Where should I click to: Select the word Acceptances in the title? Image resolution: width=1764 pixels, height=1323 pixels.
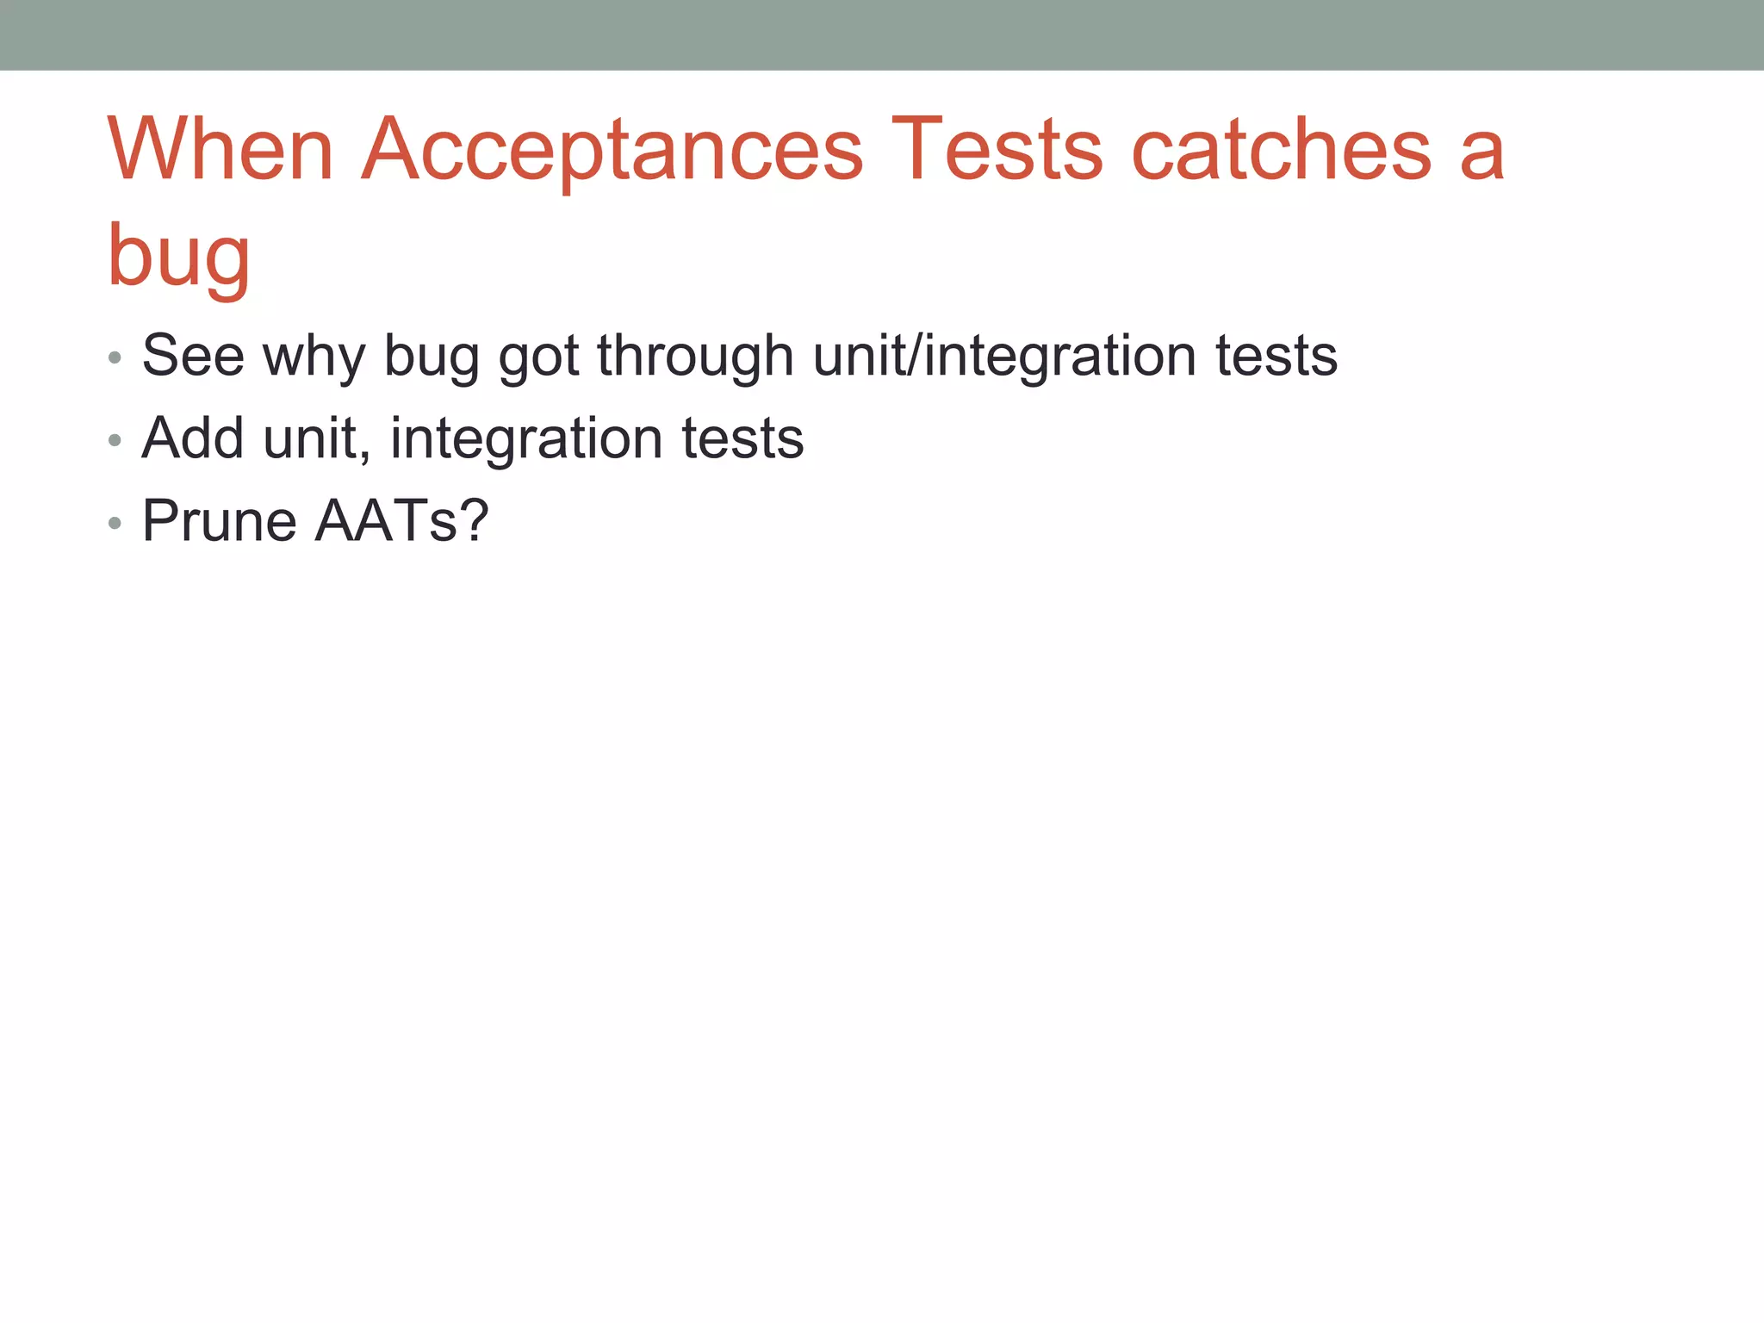point(612,151)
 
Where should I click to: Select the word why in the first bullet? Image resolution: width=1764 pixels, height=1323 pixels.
point(314,357)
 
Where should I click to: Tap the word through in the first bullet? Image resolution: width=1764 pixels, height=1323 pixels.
point(694,357)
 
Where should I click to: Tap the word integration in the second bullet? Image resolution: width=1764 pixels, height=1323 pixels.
point(526,439)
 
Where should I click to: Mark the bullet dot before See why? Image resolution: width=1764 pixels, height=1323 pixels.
point(115,357)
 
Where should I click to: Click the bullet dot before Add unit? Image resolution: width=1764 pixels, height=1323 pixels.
point(115,440)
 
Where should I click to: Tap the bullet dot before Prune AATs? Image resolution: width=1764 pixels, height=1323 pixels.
point(115,523)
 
